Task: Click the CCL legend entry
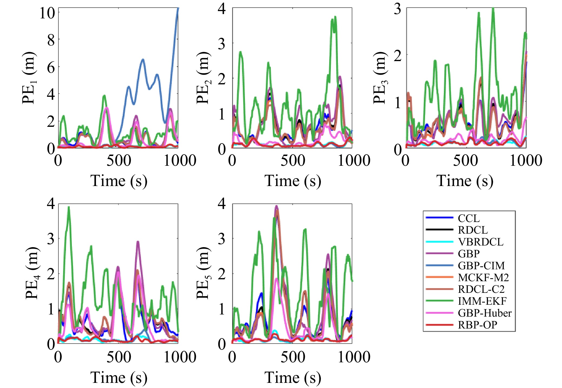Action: pyautogui.click(x=468, y=218)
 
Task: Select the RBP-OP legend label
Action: pyautogui.click(x=477, y=325)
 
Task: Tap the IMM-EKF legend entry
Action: pyautogui.click(x=482, y=301)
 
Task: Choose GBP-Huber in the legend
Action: pyautogui.click(x=484, y=313)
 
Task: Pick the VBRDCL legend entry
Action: pyautogui.click(x=480, y=242)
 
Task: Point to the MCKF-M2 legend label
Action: pyautogui.click(x=483, y=277)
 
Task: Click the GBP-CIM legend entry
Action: pyautogui.click(x=481, y=266)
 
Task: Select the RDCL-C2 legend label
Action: pyautogui.click(x=481, y=289)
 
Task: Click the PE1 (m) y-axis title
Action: pyautogui.click(x=29, y=78)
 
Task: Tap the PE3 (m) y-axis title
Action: pyautogui.click(x=380, y=78)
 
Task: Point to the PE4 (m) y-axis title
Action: pyautogui.click(x=33, y=273)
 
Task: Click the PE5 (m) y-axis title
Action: pyautogui.click(x=203, y=273)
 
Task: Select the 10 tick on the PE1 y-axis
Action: pyautogui.click(x=47, y=13)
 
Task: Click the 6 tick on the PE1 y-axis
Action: pyautogui.click(x=51, y=67)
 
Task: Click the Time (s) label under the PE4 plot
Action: pyautogui.click(x=119, y=377)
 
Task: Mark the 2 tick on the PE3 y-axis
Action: pyautogui.click(x=397, y=56)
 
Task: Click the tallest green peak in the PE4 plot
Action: pyautogui.click(x=69, y=208)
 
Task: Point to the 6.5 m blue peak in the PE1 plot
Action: pyautogui.click(x=143, y=59)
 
